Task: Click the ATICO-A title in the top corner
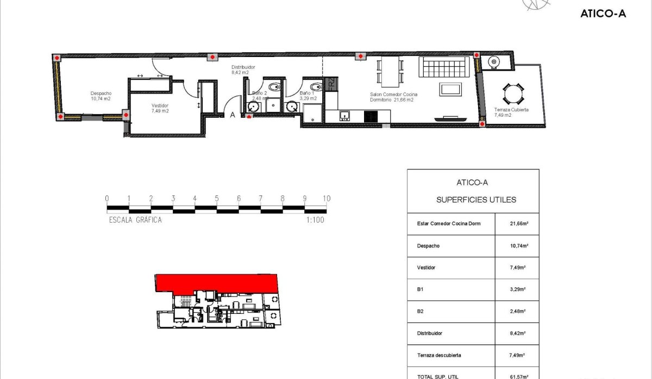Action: [x=603, y=14]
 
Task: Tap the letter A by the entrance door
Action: [x=233, y=115]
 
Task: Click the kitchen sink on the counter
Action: [x=344, y=115]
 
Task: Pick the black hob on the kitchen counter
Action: [x=371, y=116]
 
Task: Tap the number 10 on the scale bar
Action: [x=326, y=199]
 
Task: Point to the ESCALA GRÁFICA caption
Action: [x=135, y=220]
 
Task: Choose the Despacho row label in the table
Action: [x=428, y=246]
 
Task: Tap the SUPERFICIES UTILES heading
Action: [x=476, y=200]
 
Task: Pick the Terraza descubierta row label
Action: [x=439, y=355]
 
